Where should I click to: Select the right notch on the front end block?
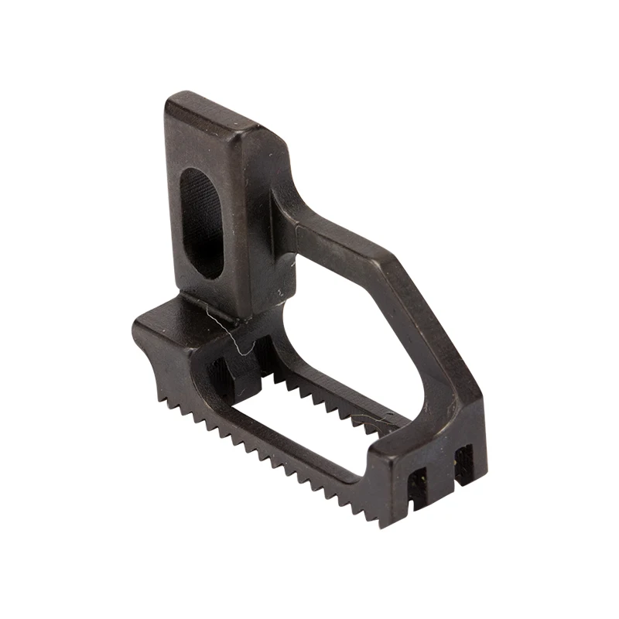tap(463, 463)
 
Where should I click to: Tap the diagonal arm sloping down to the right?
tap(433, 325)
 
